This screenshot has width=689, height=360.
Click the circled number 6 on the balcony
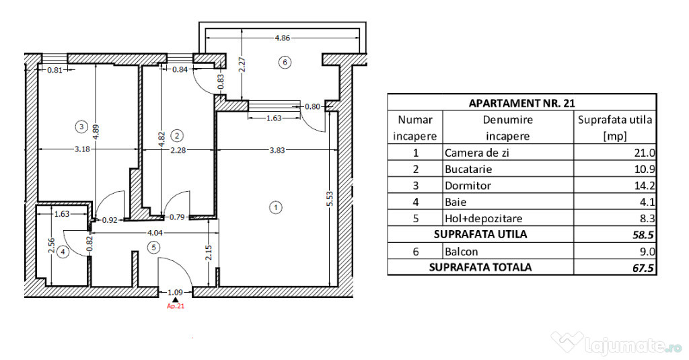pyautogui.click(x=285, y=63)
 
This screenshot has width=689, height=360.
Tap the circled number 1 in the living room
pyautogui.click(x=275, y=207)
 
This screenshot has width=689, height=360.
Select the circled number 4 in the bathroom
pyautogui.click(x=64, y=252)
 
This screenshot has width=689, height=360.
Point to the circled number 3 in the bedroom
pyautogui.click(x=81, y=127)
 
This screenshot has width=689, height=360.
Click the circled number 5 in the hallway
pyautogui.click(x=153, y=248)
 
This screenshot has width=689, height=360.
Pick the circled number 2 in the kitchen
pyautogui.click(x=177, y=135)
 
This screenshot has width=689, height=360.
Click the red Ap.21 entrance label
pyautogui.click(x=176, y=306)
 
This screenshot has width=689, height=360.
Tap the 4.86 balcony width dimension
pyautogui.click(x=282, y=38)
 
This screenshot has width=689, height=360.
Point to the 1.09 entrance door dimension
pyautogui.click(x=176, y=292)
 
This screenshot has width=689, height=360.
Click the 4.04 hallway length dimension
pyautogui.click(x=154, y=233)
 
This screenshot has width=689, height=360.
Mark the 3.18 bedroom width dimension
pyautogui.click(x=82, y=149)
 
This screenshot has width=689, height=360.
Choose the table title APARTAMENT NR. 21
pyautogui.click(x=521, y=104)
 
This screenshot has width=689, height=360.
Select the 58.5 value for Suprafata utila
pyautogui.click(x=643, y=235)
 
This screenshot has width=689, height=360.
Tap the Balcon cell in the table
pyautogui.click(x=461, y=252)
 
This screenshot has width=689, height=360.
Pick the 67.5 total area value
pyautogui.click(x=643, y=268)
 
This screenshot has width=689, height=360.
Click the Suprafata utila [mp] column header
pyautogui.click(x=615, y=127)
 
